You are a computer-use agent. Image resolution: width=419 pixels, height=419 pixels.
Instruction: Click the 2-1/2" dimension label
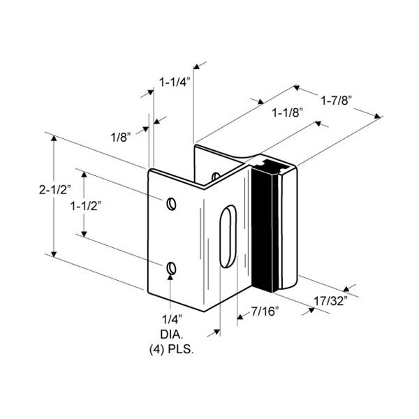point(55,189)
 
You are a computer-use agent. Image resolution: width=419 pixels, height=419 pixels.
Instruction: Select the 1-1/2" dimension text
point(86,206)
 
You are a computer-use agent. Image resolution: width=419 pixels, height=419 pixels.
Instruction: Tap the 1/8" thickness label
point(121,137)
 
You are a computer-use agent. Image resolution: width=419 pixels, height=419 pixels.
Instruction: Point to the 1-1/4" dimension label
point(175,82)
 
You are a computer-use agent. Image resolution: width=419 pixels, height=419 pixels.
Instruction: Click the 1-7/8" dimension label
point(337,101)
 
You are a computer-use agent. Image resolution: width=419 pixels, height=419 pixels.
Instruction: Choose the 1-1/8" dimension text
point(288,112)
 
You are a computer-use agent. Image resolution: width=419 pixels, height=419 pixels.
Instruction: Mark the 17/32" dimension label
point(330,301)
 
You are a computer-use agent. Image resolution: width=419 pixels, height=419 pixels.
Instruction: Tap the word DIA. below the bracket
point(172,335)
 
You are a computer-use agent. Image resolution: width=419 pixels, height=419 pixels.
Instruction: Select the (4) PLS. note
point(172,350)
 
